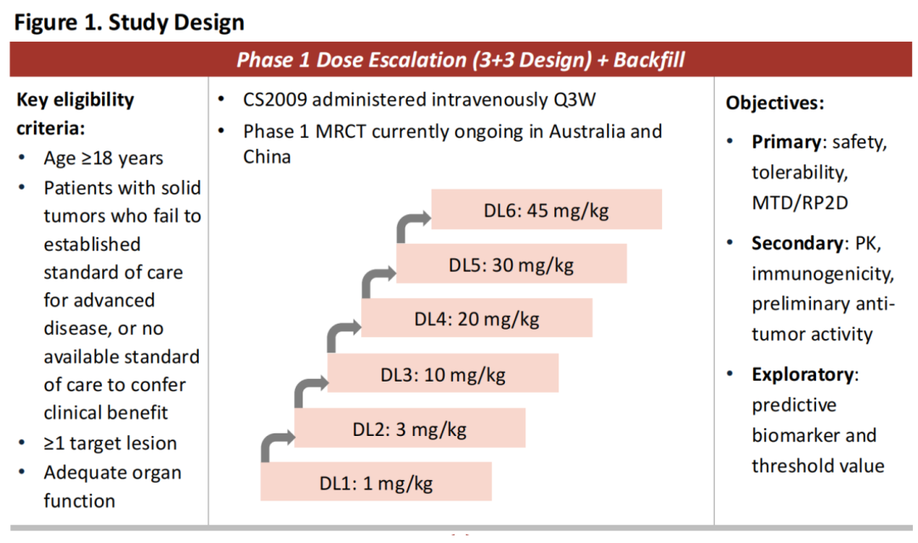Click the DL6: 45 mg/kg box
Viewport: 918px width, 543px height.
pos(547,209)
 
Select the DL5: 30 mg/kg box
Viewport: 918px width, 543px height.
pos(511,263)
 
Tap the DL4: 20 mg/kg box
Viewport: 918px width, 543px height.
pos(477,318)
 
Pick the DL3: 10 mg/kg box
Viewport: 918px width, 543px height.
pos(443,373)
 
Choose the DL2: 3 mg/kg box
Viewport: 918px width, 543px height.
pos(410,427)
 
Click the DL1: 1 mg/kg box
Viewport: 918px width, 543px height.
pos(376,481)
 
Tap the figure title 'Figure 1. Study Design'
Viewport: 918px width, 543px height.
pos(129,22)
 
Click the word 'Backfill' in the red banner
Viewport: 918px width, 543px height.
pos(649,59)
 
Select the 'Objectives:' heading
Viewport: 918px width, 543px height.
pos(774,103)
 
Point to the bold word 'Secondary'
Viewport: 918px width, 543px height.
pos(797,243)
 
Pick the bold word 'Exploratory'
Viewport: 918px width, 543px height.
pos(802,375)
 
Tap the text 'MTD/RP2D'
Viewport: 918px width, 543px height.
pos(800,202)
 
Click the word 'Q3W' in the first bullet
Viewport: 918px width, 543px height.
pos(575,99)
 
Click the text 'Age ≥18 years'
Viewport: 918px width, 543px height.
pos(104,158)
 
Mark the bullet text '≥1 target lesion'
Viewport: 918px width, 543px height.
pos(110,443)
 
